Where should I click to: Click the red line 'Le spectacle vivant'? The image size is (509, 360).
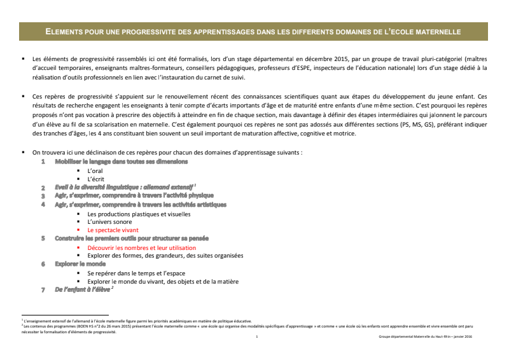(x=113, y=230)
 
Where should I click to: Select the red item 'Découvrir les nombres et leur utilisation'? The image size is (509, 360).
(x=141, y=247)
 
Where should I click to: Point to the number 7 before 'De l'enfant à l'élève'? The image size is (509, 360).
(x=43, y=289)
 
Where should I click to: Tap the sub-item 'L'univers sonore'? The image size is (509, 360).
(x=110, y=221)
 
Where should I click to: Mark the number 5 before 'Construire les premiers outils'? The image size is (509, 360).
(x=43, y=238)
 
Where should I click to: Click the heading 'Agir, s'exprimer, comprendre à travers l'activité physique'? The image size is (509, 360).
(x=134, y=196)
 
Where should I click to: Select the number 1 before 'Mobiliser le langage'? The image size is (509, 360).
(x=43, y=162)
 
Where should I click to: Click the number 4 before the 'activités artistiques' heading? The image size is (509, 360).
(x=43, y=205)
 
